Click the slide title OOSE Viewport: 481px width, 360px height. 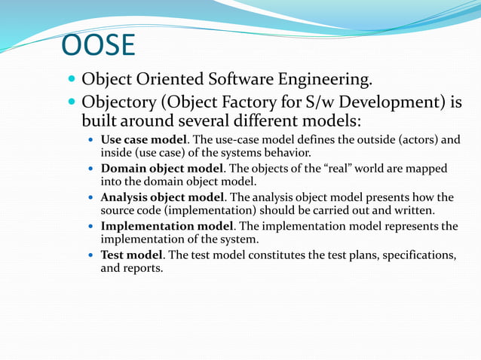click(98, 46)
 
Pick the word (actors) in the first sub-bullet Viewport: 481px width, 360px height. click(419, 139)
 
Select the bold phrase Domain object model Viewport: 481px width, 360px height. click(162, 168)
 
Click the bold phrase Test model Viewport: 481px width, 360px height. click(132, 255)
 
